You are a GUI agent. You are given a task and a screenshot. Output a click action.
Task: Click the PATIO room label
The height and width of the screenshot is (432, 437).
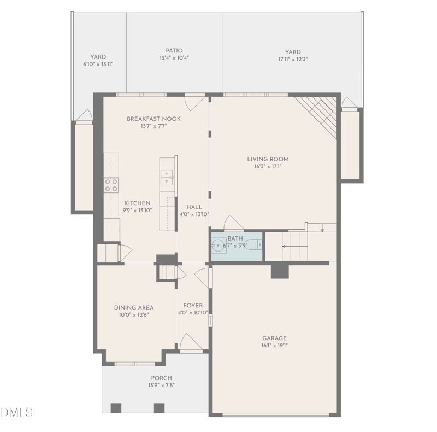tap(174, 50)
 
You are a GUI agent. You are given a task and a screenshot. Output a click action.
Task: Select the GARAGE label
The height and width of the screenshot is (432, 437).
tap(274, 338)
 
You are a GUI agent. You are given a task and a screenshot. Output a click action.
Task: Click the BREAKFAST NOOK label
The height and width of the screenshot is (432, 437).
tap(153, 119)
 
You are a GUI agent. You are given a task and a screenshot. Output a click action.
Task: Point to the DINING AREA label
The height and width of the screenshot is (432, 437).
tap(133, 307)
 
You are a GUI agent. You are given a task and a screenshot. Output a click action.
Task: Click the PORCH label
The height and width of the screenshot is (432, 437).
tap(161, 378)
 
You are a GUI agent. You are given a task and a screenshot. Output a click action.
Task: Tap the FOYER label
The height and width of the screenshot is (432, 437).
tap(193, 306)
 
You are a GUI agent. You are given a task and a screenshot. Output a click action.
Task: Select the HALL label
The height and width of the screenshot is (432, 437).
tap(194, 207)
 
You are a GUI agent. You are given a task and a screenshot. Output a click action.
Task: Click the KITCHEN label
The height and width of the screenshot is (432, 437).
tap(137, 203)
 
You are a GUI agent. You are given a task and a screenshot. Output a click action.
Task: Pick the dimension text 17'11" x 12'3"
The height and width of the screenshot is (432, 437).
tap(293, 59)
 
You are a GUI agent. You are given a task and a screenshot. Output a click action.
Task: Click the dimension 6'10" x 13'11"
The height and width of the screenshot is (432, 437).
tap(98, 63)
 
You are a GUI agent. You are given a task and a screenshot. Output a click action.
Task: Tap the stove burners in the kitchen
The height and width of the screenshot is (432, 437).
tap(111, 185)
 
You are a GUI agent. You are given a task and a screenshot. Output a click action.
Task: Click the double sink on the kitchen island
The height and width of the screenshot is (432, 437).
tap(167, 174)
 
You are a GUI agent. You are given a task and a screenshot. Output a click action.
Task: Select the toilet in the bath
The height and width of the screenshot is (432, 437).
tap(252, 244)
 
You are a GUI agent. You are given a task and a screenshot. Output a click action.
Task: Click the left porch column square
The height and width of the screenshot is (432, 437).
tap(116, 407)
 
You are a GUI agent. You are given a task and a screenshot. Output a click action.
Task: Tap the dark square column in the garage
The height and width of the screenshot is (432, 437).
tap(280, 271)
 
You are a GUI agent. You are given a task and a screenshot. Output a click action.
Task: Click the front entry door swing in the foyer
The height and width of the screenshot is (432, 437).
tap(191, 342)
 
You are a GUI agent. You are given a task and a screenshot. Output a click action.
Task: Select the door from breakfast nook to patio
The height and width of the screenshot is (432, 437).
tap(194, 102)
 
